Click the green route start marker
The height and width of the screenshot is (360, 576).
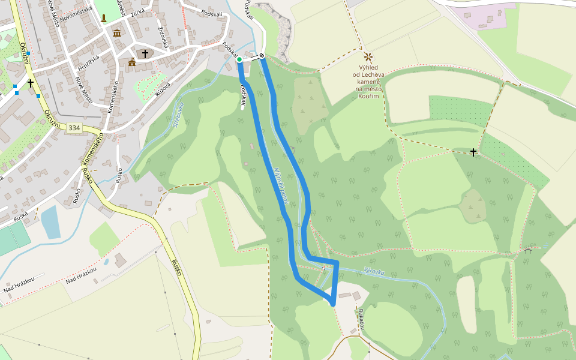[239, 59]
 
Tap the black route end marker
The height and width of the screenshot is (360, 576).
[262, 56]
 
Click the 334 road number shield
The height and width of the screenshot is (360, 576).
[74, 128]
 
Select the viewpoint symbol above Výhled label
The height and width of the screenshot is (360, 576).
[368, 57]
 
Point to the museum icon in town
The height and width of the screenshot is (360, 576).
[116, 32]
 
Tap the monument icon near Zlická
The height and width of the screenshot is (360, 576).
[104, 18]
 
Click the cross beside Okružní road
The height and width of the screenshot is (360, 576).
[30, 83]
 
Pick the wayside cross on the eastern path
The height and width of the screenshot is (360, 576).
[473, 152]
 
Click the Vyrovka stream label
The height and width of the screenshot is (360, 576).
[373, 271]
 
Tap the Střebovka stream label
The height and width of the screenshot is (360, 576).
[178, 114]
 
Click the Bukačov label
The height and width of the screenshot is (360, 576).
[361, 319]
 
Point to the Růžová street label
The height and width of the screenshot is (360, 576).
[163, 89]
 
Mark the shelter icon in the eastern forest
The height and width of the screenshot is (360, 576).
[527, 250]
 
